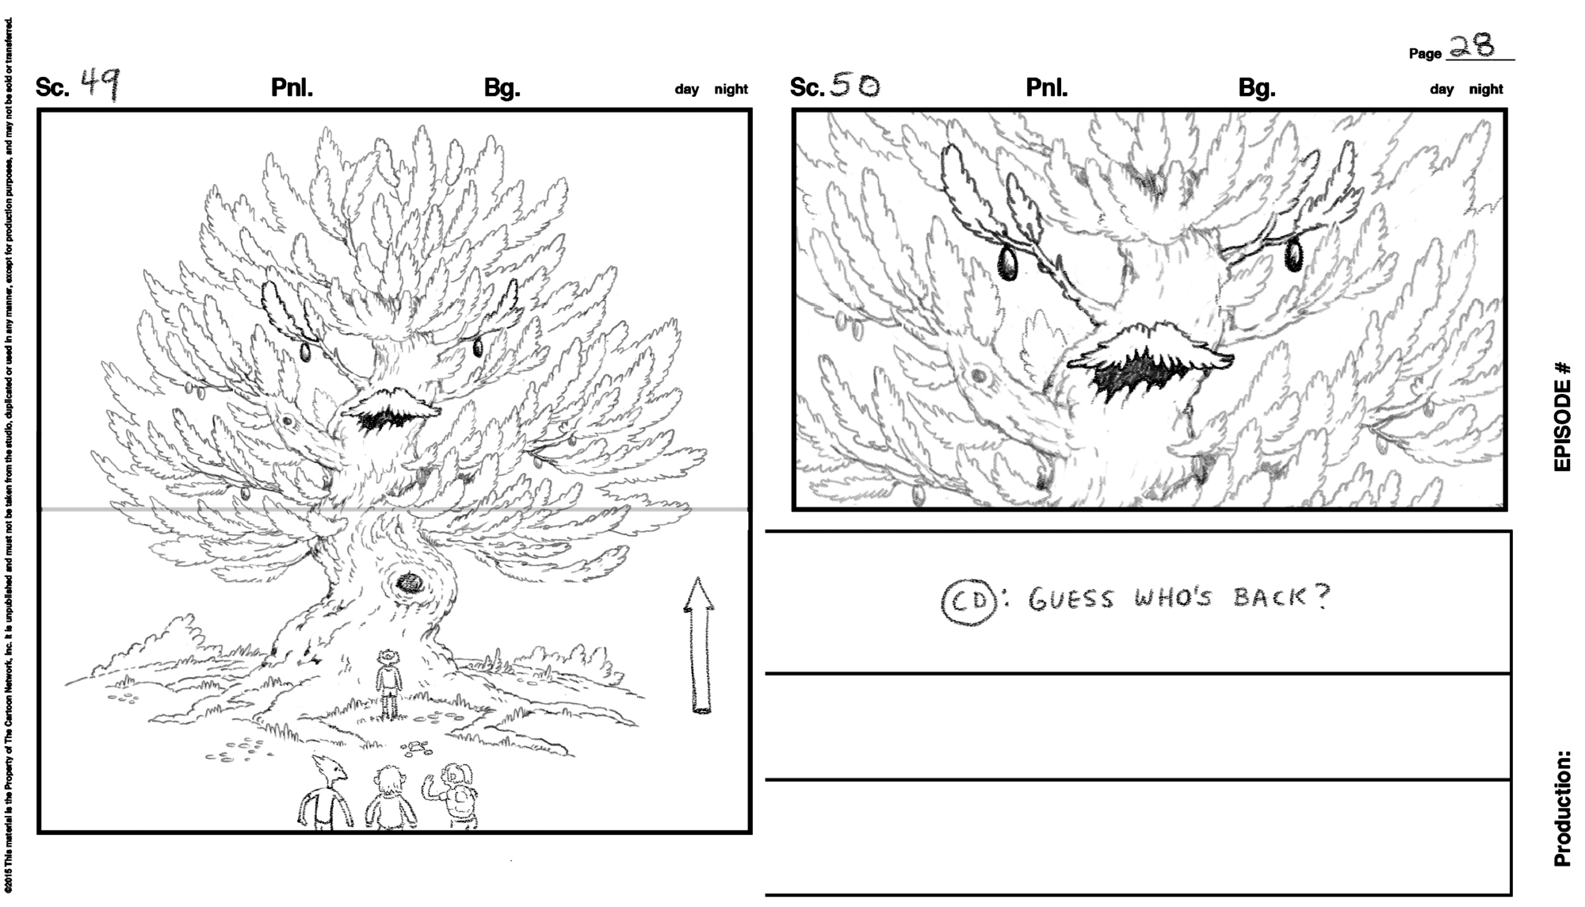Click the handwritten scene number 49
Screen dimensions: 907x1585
click(x=101, y=84)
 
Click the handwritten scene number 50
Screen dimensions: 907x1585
click(x=854, y=86)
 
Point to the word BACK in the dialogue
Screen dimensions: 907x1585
click(x=1269, y=596)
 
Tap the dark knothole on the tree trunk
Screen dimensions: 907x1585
click(x=411, y=584)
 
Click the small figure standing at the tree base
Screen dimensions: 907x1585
click(x=388, y=683)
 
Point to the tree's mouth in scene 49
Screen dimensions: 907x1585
click(x=388, y=418)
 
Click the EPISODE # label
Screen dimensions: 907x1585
click(x=1562, y=416)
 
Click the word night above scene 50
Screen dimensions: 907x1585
click(x=1486, y=90)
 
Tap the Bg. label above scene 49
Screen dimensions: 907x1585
click(x=502, y=87)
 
